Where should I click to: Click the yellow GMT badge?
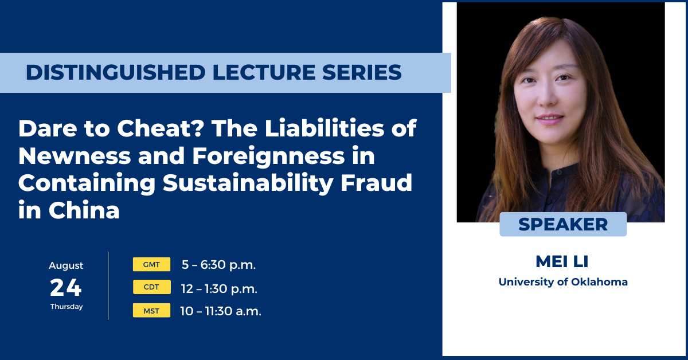[151, 264]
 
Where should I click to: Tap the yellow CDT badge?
[152, 287]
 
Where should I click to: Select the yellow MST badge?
[151, 310]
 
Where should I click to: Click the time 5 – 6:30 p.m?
[218, 264]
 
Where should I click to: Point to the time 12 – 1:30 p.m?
[219, 288]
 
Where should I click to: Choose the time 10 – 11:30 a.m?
[221, 311]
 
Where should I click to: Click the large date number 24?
[66, 288]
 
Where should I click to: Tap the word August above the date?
[66, 265]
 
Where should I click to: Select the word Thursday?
[67, 307]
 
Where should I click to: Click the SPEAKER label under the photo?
[563, 224]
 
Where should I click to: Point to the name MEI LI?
[562, 261]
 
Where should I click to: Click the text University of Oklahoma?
[563, 281]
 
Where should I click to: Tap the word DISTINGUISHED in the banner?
[115, 72]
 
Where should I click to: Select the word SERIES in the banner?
[362, 72]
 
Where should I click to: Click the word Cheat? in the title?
[160, 128]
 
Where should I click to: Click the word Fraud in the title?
[376, 182]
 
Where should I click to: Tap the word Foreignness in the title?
[268, 156]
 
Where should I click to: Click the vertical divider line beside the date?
[108, 285]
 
